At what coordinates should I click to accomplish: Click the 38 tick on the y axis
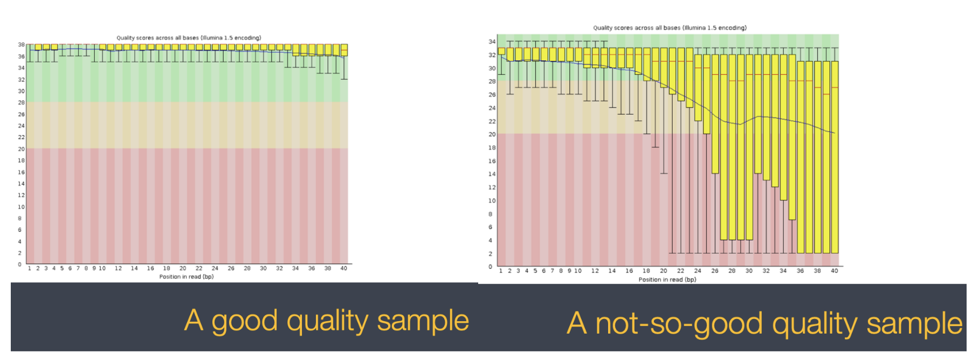[x=21, y=45]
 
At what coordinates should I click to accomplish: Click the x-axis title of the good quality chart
[x=187, y=277]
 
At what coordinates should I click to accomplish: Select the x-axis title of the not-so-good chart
[x=667, y=280]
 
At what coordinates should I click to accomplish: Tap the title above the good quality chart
[x=189, y=38]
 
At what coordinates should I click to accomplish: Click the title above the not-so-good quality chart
[x=670, y=27]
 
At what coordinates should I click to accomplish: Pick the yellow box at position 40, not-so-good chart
[x=835, y=156]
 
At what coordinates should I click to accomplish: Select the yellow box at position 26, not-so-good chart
[x=715, y=113]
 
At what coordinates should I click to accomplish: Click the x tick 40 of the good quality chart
[x=343, y=268]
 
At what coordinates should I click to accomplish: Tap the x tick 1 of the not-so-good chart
[x=501, y=271]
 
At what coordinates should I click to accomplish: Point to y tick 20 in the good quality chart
[x=21, y=149]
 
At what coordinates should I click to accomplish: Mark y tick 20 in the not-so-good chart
[x=492, y=135]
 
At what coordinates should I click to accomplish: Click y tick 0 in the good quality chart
[x=20, y=265]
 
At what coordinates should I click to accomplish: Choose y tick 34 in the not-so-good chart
[x=492, y=41]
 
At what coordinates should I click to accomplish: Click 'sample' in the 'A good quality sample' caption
[x=423, y=321]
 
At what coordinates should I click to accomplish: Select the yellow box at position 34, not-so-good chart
[x=783, y=127]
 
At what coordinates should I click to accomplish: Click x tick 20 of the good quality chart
[x=183, y=268]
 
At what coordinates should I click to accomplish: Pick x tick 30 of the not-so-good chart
[x=749, y=271]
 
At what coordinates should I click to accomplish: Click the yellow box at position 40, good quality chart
[x=344, y=50]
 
